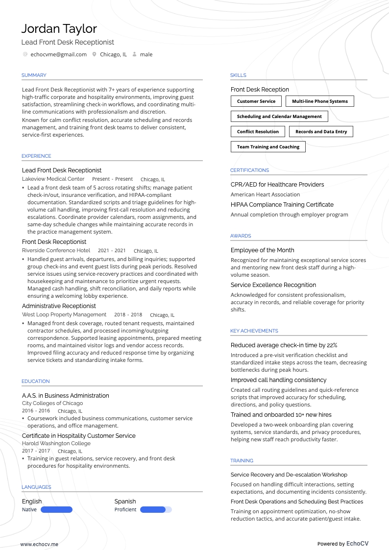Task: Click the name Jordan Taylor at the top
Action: (59, 29)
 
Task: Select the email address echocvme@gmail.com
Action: (58, 54)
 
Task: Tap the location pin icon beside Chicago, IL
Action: (94, 54)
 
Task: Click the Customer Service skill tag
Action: (256, 101)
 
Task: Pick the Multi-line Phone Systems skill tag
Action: (319, 101)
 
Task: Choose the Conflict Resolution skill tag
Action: (257, 132)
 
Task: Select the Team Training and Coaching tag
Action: (268, 147)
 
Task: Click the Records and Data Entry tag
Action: (321, 132)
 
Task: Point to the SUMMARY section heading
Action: (34, 75)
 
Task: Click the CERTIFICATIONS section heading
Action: (249, 170)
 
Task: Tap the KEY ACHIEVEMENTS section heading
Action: (254, 331)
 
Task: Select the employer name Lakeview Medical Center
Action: (53, 179)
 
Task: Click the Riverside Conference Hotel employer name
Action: (56, 250)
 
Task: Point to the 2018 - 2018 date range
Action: (128, 315)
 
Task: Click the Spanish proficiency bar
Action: (156, 510)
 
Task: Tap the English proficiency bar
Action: (56, 510)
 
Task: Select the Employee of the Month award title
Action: (262, 250)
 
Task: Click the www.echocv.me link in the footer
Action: (39, 544)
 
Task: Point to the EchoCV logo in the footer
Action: (357, 544)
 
